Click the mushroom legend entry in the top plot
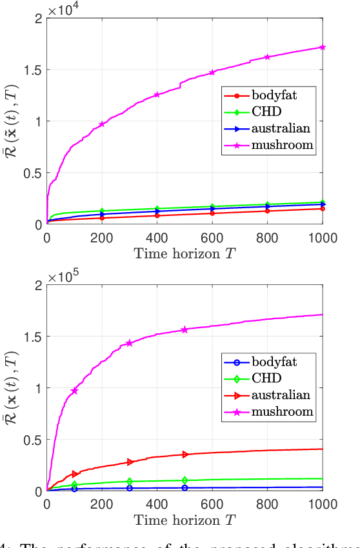tap(268, 145)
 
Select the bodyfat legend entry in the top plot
tap(268, 96)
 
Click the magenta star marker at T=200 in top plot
tap(102, 124)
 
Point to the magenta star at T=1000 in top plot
tap(323, 47)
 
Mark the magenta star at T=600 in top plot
tap(212, 73)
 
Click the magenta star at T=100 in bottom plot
tap(74, 391)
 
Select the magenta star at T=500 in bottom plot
tap(185, 329)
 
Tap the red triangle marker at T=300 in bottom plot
tap(130, 462)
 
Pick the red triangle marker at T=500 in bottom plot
tap(185, 455)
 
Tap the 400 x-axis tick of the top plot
tap(157, 237)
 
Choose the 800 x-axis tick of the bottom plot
tap(267, 503)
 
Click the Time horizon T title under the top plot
tap(185, 253)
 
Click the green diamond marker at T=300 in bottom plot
tap(130, 482)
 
